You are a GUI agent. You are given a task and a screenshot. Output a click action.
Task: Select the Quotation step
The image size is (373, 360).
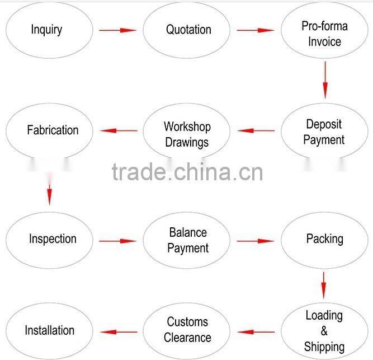[187, 30]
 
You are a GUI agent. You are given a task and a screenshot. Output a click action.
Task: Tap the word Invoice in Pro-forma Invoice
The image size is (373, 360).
[324, 41]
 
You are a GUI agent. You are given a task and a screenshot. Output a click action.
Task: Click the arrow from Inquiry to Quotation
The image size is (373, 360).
[118, 30]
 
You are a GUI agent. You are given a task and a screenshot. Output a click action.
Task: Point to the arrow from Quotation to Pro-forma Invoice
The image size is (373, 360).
[256, 30]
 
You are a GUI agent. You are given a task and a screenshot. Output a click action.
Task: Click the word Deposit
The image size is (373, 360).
[324, 124]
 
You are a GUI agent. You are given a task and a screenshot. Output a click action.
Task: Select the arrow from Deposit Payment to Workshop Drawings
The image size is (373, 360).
[256, 131]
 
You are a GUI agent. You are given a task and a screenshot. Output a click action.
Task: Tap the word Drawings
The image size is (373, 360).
[187, 142]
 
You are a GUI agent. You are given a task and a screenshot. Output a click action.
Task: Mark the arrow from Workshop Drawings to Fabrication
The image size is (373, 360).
[118, 131]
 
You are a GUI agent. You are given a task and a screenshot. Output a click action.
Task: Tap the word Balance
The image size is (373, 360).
[188, 232]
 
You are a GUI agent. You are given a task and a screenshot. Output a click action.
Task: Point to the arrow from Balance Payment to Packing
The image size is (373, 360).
[256, 241]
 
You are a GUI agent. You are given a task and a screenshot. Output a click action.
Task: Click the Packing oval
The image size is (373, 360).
[324, 239]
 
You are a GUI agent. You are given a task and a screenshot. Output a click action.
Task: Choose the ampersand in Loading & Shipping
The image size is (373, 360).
[324, 331]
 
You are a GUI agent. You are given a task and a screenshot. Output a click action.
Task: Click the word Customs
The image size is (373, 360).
[187, 322]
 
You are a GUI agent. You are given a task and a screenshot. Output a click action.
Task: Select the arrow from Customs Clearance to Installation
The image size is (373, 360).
[118, 331]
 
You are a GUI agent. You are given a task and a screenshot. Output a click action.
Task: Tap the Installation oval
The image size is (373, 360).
[49, 330]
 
